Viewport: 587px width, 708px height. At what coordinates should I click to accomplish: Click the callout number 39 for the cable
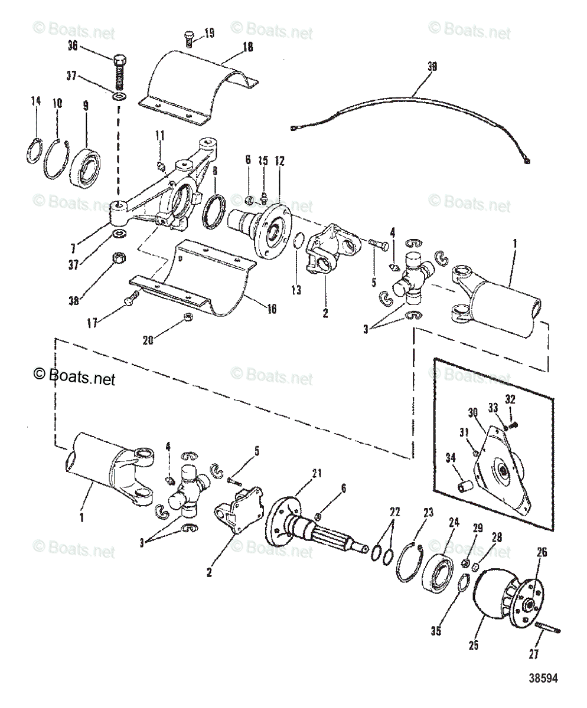click(x=432, y=67)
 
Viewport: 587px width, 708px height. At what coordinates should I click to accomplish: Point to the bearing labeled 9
click(x=87, y=166)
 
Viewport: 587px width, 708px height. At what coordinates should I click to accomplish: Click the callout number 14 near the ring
click(x=35, y=101)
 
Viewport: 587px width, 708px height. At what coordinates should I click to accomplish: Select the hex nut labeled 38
click(x=117, y=258)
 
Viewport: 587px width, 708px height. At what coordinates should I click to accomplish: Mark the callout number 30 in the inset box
click(x=472, y=412)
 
